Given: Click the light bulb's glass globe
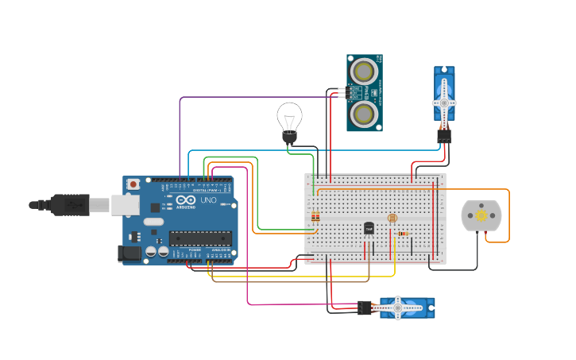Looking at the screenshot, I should pos(289,117).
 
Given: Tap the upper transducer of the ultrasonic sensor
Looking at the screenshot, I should pos(364,72).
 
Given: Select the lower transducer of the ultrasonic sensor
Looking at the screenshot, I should pos(364,114).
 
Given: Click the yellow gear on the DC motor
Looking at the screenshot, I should pos(481,215).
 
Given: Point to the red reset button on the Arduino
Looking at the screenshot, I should pos(133,184).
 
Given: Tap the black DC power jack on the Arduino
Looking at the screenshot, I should pos(130,254).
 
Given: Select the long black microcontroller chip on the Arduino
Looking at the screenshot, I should pos(200,237).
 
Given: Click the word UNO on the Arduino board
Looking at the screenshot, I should pos(208,201).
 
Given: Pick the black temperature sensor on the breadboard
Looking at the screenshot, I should pos(369,228).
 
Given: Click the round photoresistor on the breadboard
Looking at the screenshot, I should pos(391,218).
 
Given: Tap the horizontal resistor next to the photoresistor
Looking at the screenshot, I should pos(403,234).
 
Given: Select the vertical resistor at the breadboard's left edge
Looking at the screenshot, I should pos(315,216).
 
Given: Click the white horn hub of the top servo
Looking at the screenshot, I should pos(444,103).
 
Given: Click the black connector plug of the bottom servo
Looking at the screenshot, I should pos(365,308).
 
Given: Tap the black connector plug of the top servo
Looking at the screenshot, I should pos(444,136).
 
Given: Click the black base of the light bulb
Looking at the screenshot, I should pos(289,137).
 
